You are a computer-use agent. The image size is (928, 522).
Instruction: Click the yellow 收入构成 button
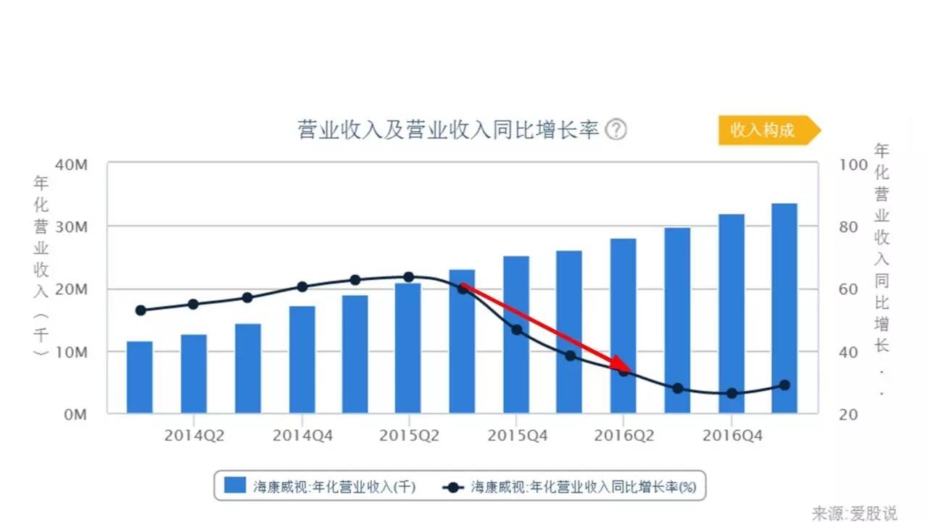(765, 130)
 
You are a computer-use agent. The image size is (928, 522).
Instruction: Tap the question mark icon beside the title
(616, 130)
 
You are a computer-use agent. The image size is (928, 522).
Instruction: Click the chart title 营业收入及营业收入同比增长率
(449, 130)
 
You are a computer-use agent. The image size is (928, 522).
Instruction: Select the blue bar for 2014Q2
(194, 374)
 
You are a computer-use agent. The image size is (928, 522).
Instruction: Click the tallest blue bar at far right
(784, 309)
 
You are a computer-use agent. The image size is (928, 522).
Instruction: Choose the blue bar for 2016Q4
(731, 314)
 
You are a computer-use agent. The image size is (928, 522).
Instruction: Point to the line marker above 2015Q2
(408, 277)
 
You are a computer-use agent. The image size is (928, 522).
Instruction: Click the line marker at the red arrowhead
(623, 371)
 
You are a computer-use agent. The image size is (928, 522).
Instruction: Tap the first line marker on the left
(141, 310)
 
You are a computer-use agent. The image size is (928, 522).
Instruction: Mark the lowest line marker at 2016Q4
(732, 394)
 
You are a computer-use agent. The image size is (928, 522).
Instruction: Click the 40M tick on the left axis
(72, 165)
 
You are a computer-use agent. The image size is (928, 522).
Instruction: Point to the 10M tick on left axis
(72, 352)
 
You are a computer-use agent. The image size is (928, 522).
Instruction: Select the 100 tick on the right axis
(853, 165)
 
